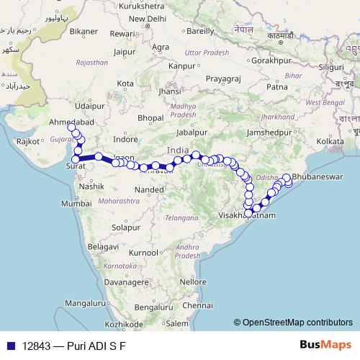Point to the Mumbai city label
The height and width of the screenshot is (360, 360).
pyautogui.click(x=76, y=204)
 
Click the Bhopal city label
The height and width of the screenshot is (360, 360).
pyautogui.click(x=151, y=117)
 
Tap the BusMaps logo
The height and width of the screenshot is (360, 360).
pyautogui.click(x=322, y=344)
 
